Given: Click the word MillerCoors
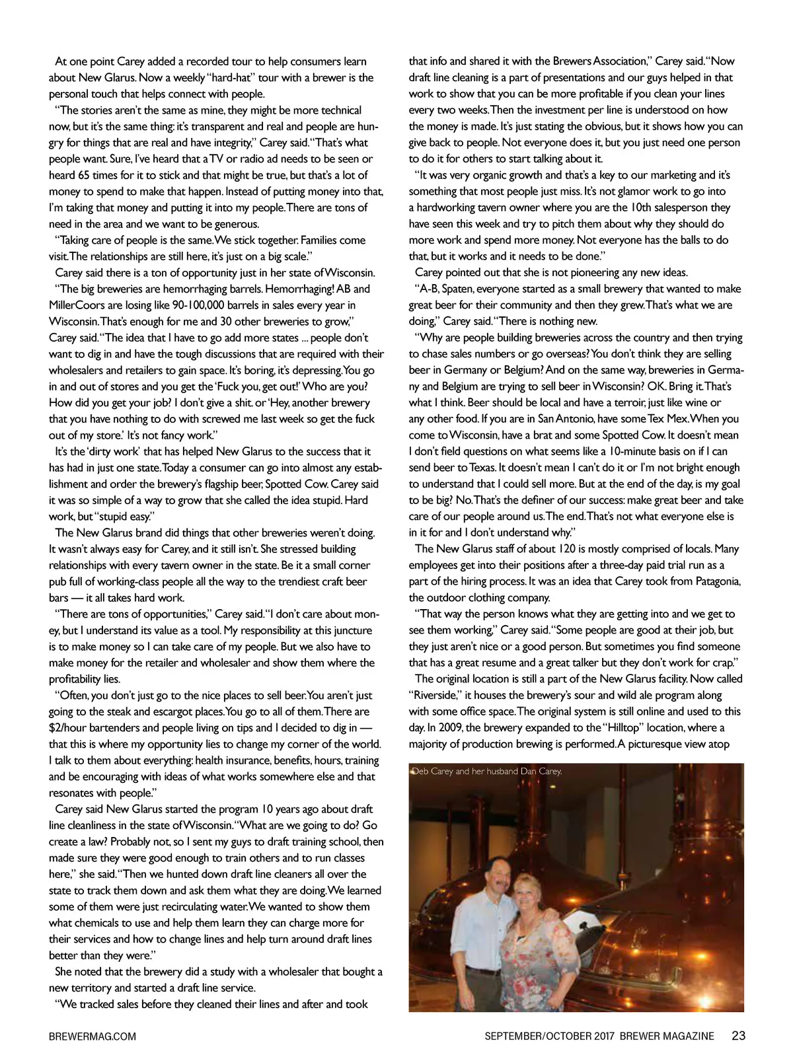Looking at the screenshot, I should tap(77, 305).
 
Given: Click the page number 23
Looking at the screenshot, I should tap(738, 1036).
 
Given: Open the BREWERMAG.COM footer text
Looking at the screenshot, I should tap(93, 1037).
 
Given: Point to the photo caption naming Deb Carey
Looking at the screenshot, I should tap(487, 771).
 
